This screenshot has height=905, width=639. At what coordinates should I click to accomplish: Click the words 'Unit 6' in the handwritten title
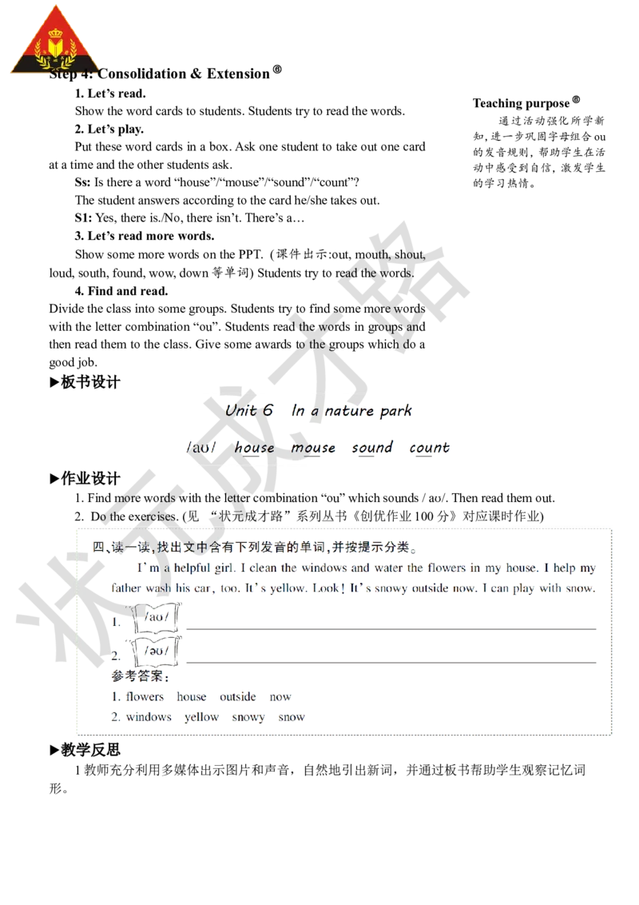pyautogui.click(x=249, y=411)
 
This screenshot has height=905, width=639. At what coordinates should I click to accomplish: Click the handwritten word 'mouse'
pyautogui.click(x=312, y=448)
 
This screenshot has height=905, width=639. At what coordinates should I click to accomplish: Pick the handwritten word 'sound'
pyautogui.click(x=372, y=448)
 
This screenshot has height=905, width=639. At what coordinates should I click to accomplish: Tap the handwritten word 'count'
pyautogui.click(x=429, y=448)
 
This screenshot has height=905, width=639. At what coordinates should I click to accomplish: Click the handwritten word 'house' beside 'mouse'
pyautogui.click(x=255, y=448)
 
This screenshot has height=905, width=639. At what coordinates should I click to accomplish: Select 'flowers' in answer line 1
pyautogui.click(x=145, y=697)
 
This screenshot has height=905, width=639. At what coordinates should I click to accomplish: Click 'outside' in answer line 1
pyautogui.click(x=237, y=697)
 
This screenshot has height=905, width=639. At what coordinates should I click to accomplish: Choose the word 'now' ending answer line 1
pyautogui.click(x=280, y=697)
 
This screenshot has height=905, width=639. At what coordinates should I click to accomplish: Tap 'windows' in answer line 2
pyautogui.click(x=149, y=717)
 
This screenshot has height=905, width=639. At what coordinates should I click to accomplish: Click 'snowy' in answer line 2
pyautogui.click(x=248, y=717)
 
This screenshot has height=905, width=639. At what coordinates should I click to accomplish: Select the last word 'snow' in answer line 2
pyautogui.click(x=291, y=717)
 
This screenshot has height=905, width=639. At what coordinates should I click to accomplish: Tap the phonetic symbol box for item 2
pyautogui.click(x=159, y=651)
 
